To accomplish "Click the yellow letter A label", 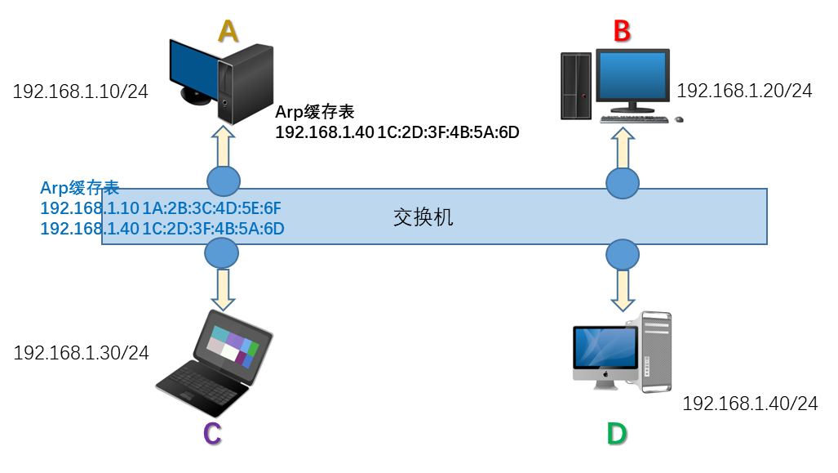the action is coord(228,31).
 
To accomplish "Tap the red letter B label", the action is coord(622,31).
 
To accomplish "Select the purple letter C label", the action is coord(213,434).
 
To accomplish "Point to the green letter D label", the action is coord(617,434).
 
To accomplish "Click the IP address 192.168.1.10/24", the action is coord(80,91).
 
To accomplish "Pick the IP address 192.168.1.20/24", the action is coord(744,91).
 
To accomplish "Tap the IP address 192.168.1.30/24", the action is coord(82,353).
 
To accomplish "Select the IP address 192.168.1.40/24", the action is coord(751,403).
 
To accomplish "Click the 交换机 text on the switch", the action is coord(423,217).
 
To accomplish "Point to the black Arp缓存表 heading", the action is coord(315,112).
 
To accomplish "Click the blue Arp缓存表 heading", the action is coord(80,188).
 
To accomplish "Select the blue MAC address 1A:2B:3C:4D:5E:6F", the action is coord(211,208).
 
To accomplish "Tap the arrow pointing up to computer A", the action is coord(224,146).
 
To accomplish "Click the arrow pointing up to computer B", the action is coord(623,148).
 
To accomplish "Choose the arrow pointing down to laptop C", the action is coord(223,289).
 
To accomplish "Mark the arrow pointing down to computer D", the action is coord(623,291).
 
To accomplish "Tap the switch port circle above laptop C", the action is coord(222,253).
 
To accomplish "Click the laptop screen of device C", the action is coord(233,346).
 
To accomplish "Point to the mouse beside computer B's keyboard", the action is coord(679,119).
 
